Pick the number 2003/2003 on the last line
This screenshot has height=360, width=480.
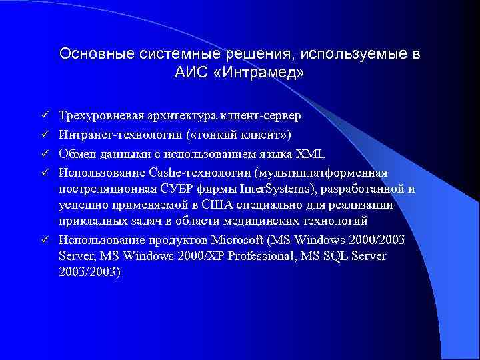88,272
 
